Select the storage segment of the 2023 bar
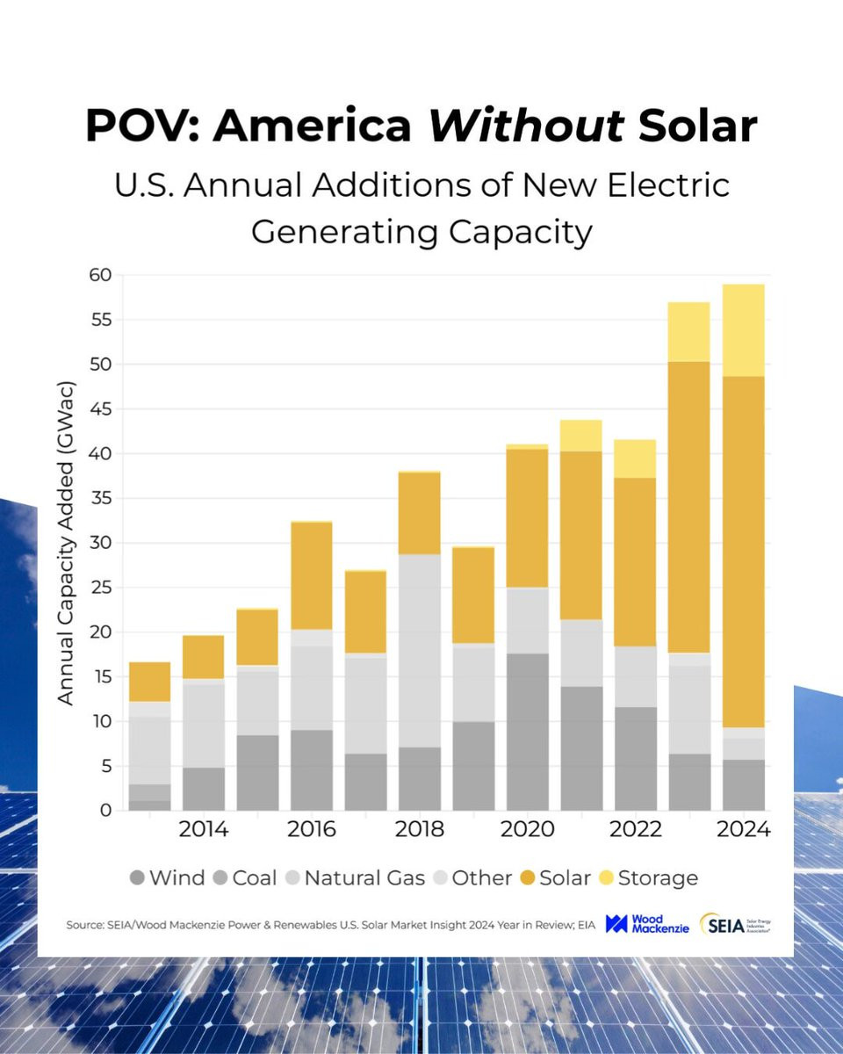click(689, 331)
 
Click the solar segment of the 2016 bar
click(311, 575)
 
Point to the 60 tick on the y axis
click(98, 275)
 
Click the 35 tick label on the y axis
click(98, 498)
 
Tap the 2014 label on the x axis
click(204, 830)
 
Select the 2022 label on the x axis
click(636, 830)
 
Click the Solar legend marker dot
click(526, 877)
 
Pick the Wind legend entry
click(168, 877)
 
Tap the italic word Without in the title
click(527, 126)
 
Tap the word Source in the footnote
click(85, 926)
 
